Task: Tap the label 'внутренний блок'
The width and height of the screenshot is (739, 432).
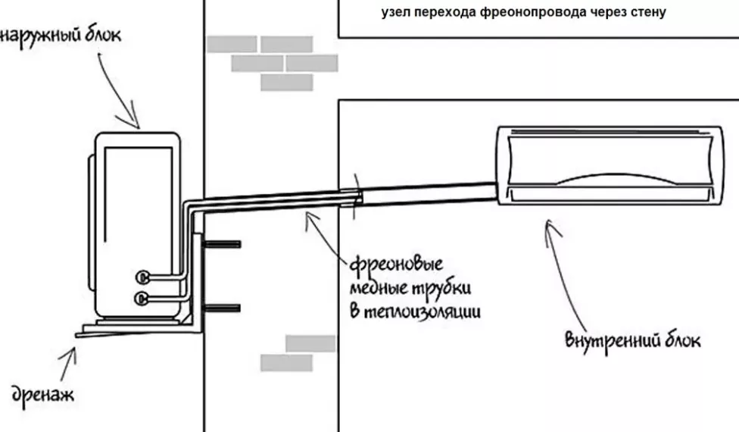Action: tap(633, 339)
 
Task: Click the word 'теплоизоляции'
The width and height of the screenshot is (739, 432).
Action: tap(424, 311)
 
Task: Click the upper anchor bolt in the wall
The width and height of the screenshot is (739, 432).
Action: tap(223, 244)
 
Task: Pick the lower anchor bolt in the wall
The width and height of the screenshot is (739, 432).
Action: tap(223, 308)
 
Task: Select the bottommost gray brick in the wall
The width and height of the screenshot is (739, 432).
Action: tap(286, 362)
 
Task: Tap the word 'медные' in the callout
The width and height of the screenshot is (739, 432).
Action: tap(379, 290)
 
